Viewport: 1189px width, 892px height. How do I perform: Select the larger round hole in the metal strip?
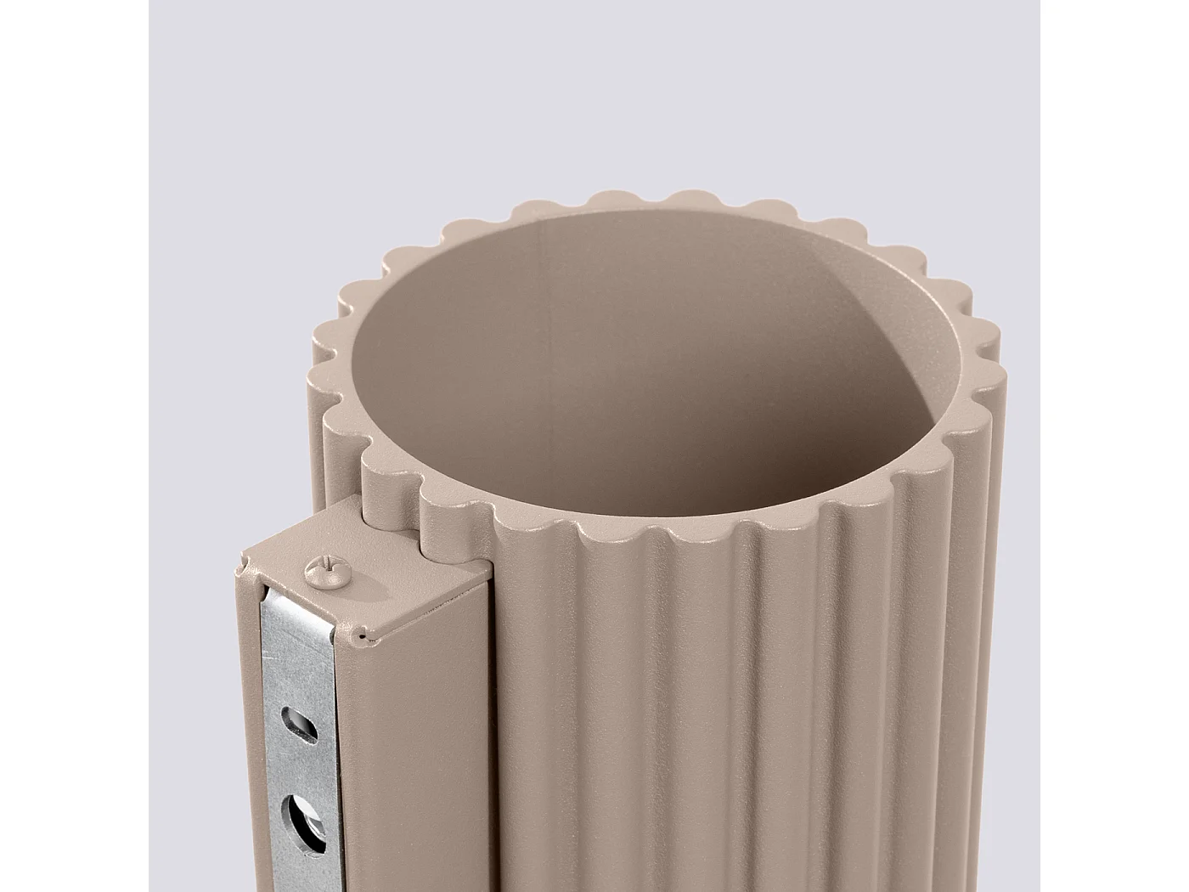point(306,821)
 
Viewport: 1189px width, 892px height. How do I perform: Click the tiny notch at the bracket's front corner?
point(363,635)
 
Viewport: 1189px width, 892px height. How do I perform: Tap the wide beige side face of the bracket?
point(416,765)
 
